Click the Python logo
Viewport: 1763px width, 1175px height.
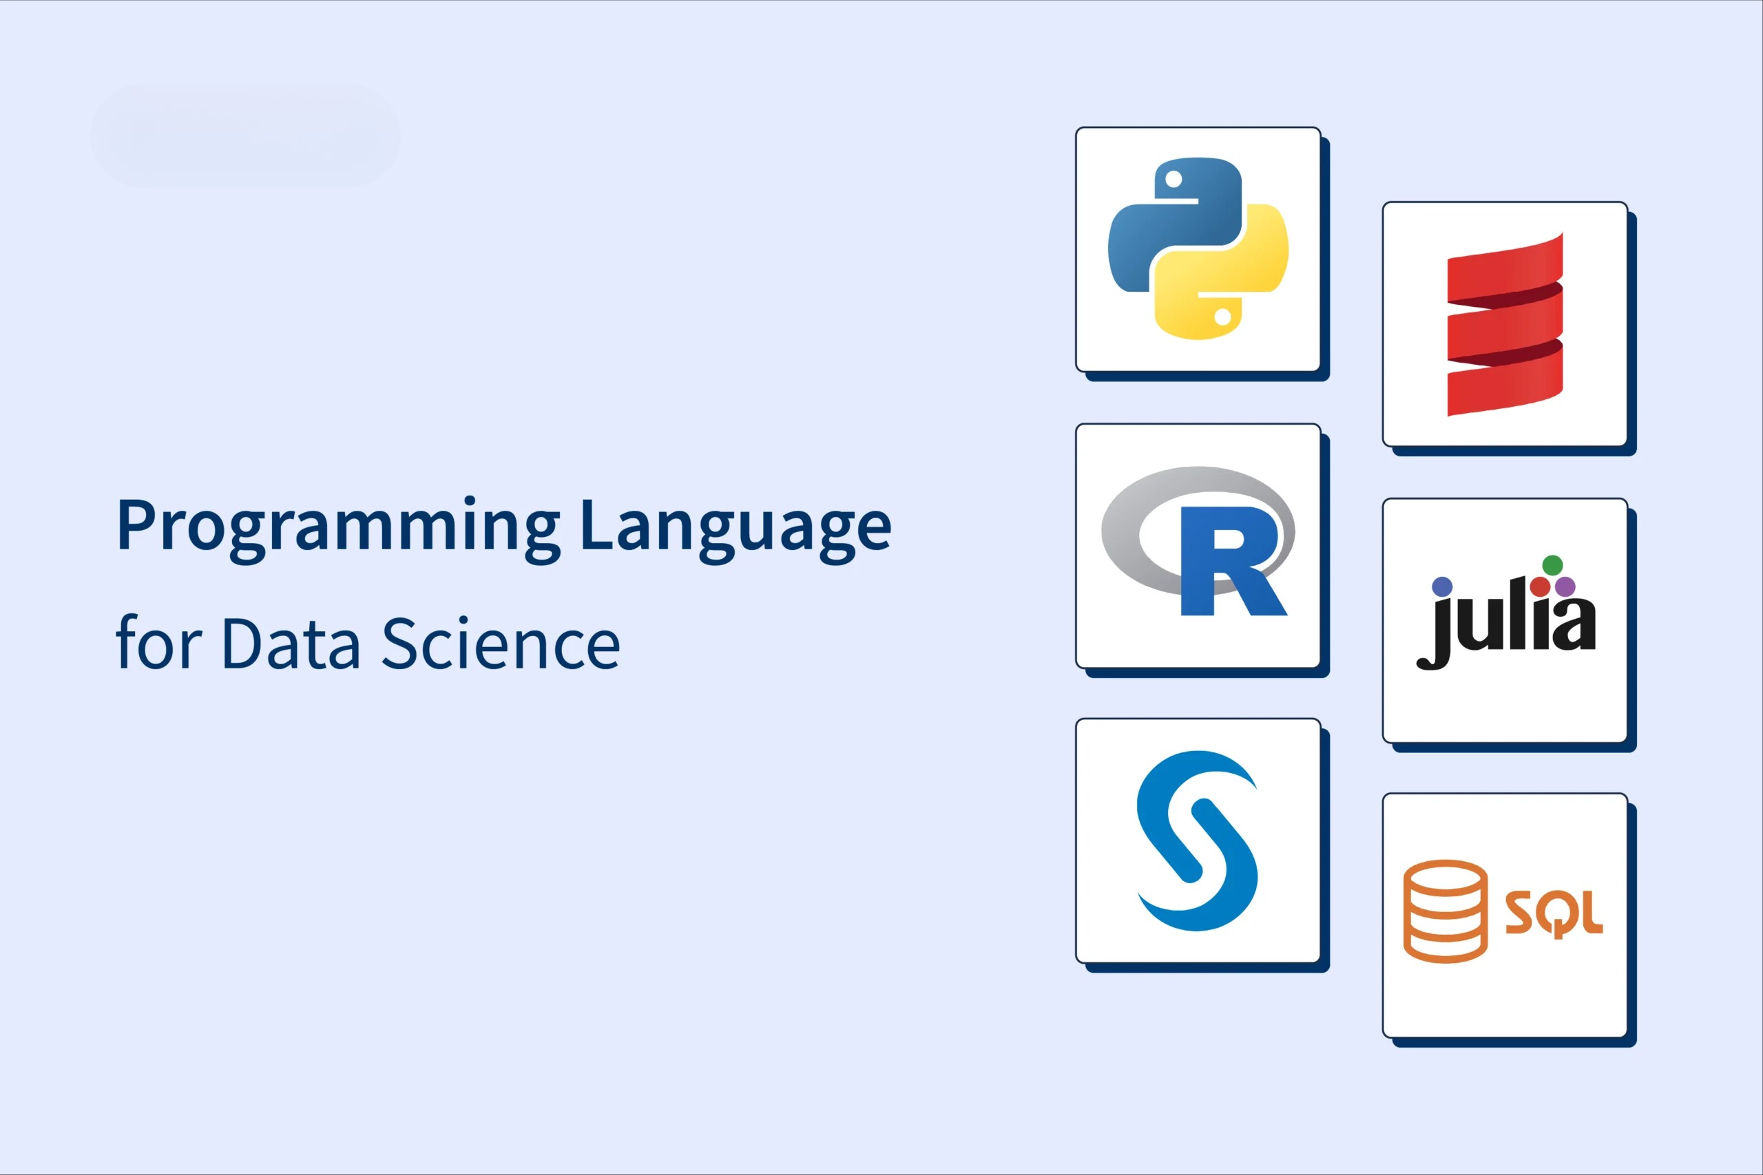pos(1198,248)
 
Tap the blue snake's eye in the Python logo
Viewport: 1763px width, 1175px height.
pos(1173,179)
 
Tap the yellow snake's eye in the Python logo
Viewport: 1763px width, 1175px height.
pos(1222,317)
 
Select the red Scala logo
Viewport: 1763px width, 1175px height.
pos(1505,324)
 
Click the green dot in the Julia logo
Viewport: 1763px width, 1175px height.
pos(1552,565)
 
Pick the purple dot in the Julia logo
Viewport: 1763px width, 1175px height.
pos(1565,586)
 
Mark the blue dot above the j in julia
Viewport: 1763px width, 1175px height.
pos(1441,586)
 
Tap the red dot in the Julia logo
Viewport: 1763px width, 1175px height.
pos(1541,586)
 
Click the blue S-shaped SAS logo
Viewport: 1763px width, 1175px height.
pos(1198,840)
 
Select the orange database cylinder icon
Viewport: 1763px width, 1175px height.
pos(1446,911)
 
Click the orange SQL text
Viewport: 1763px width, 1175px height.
pos(1554,913)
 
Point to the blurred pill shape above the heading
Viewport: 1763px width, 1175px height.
pos(246,136)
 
